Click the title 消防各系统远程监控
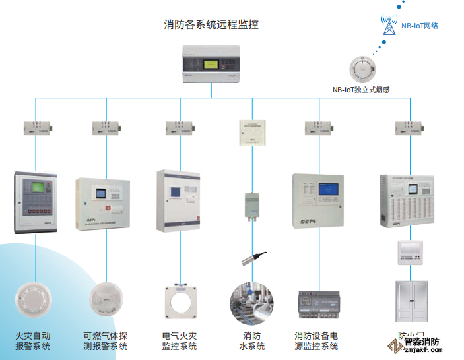[211, 25]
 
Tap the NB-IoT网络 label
[420, 26]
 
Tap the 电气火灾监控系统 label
[179, 340]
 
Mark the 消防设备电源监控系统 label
[316, 340]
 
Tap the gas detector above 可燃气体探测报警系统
[105, 300]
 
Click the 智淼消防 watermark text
[422, 342]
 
